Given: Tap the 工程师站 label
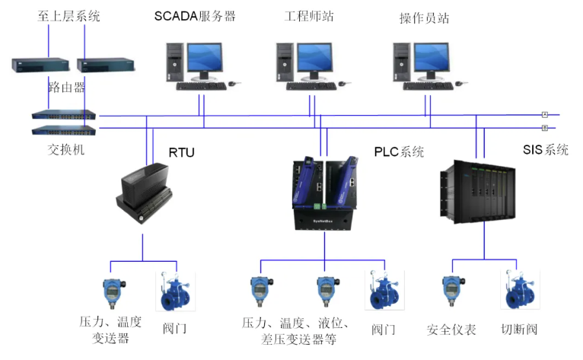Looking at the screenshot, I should pyautogui.click(x=308, y=16).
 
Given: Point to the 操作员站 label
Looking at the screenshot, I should pyautogui.click(x=424, y=16).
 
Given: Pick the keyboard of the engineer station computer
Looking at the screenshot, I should pyautogui.click(x=314, y=85).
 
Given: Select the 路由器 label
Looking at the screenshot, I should pyautogui.click(x=66, y=88).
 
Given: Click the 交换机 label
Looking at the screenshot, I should pyautogui.click(x=65, y=149).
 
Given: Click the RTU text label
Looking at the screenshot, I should pyautogui.click(x=181, y=153).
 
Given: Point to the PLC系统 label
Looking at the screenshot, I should pyautogui.click(x=399, y=151).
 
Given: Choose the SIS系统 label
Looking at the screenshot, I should pyautogui.click(x=546, y=150).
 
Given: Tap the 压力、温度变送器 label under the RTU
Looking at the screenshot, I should pyautogui.click(x=110, y=330).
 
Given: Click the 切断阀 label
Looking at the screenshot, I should pyautogui.click(x=520, y=330).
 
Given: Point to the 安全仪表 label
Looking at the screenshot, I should pyautogui.click(x=451, y=330).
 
